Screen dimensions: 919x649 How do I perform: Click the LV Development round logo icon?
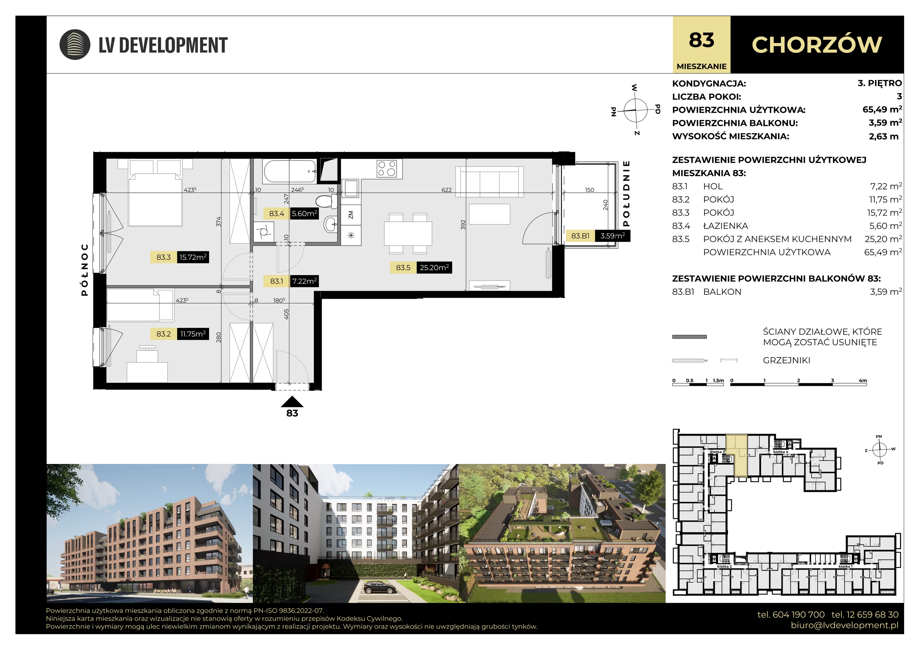click(75, 44)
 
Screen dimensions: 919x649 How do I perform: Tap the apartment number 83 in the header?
click(701, 40)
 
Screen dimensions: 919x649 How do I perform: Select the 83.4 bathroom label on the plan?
click(277, 213)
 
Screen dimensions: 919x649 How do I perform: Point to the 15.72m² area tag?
click(193, 257)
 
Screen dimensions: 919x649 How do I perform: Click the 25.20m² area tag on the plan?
click(434, 267)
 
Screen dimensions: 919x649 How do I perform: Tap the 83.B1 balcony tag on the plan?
click(580, 236)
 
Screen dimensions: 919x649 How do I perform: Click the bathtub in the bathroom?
click(290, 171)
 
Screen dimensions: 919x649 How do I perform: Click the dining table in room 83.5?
click(408, 234)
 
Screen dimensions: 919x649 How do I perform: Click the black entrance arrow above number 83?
click(292, 401)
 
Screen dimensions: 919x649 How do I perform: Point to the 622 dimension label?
click(447, 190)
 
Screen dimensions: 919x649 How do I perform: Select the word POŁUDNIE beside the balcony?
click(626, 194)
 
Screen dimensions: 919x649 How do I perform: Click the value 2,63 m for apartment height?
click(883, 136)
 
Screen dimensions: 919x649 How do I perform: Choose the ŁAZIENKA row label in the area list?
click(726, 226)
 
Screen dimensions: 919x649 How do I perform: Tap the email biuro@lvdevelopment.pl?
click(845, 625)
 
